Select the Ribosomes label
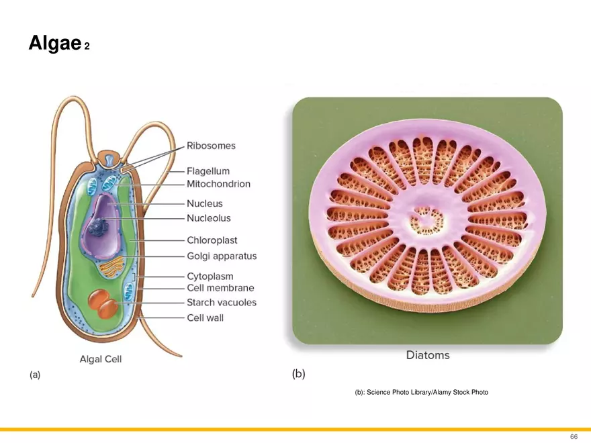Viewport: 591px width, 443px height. pos(211,146)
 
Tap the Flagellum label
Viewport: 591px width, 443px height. pos(208,171)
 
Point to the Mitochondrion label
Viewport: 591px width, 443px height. pos(218,184)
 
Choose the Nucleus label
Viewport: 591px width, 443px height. pos(204,203)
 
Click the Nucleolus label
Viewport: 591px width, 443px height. pos(208,218)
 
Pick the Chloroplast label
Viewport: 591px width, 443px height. pos(212,240)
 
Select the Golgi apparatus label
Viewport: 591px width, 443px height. pos(222,256)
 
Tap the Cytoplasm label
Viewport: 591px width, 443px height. pos(210,276)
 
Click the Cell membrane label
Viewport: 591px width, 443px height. pos(220,288)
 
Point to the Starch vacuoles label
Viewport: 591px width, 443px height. pos(222,303)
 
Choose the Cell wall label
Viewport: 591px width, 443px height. pos(205,317)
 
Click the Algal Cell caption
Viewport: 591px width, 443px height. pos(101,359)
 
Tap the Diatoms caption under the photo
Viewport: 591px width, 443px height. pos(428,355)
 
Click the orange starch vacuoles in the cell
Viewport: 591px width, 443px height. pos(103,303)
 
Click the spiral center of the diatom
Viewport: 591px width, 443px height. pos(428,219)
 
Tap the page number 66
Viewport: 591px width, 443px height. pos(574,436)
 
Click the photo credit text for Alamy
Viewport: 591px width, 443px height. pos(421,392)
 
